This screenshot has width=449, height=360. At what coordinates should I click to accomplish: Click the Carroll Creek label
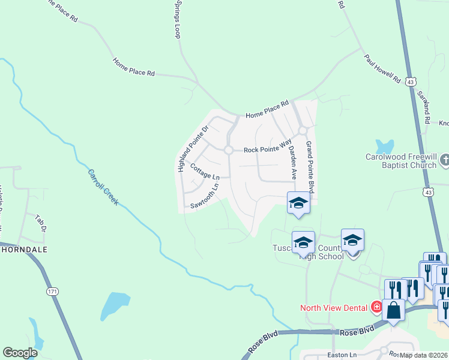(x=103, y=187)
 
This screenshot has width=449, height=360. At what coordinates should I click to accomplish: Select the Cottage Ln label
(x=205, y=172)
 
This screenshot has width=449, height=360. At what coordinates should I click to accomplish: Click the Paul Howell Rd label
(x=382, y=69)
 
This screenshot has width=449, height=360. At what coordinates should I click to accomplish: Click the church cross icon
(x=445, y=160)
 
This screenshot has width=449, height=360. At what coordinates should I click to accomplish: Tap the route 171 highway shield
(x=53, y=291)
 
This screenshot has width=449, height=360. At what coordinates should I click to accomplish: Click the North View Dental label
(x=334, y=308)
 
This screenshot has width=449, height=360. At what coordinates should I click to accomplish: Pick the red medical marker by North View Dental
(x=376, y=308)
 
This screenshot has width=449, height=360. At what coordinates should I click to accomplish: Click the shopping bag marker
(x=394, y=311)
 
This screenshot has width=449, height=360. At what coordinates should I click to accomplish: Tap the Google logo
(x=20, y=353)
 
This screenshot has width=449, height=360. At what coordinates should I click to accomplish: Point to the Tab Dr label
(x=40, y=221)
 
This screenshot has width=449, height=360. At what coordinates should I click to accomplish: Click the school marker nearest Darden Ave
(x=298, y=204)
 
